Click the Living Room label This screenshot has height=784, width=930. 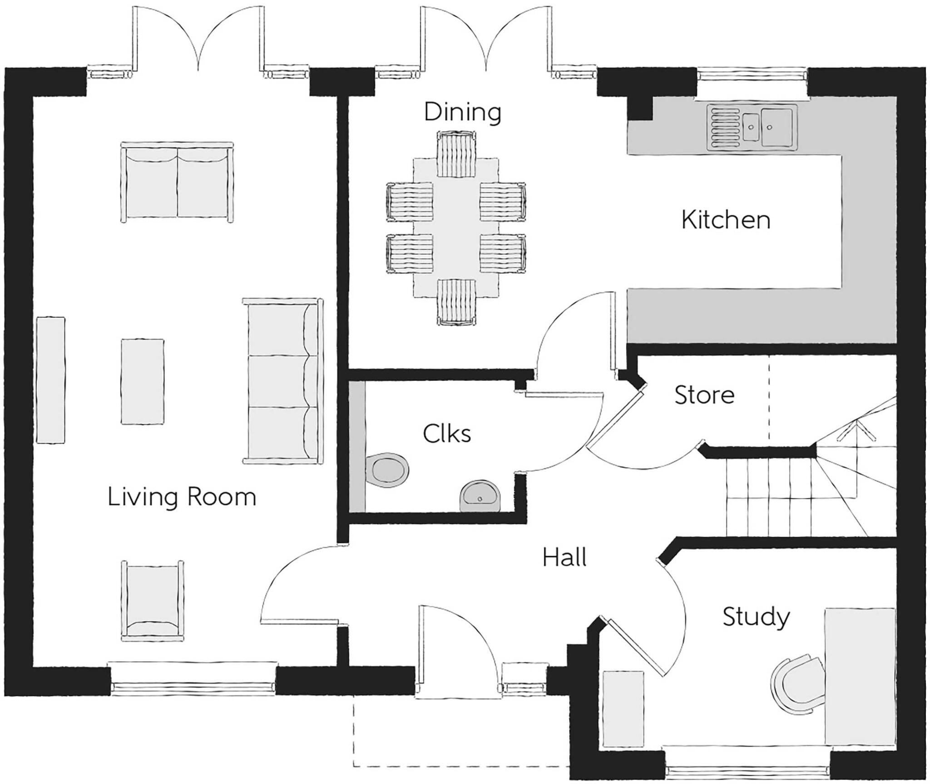click(182, 497)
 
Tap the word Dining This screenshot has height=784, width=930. click(462, 112)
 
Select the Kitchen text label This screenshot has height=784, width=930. click(726, 220)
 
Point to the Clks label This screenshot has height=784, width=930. click(447, 434)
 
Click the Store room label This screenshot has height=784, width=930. click(704, 395)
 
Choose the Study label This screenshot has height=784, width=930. click(756, 617)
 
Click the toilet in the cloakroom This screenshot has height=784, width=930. click(389, 470)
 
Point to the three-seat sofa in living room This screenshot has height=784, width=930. click(282, 381)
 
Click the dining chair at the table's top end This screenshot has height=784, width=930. click(457, 153)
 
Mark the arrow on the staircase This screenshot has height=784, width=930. click(856, 431)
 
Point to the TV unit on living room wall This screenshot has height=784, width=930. click(50, 380)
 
